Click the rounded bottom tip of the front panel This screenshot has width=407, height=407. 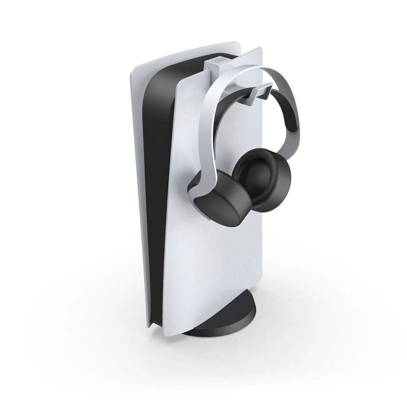pyautogui.click(x=169, y=332)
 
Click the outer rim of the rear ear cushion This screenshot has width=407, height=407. pyautogui.click(x=281, y=195)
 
